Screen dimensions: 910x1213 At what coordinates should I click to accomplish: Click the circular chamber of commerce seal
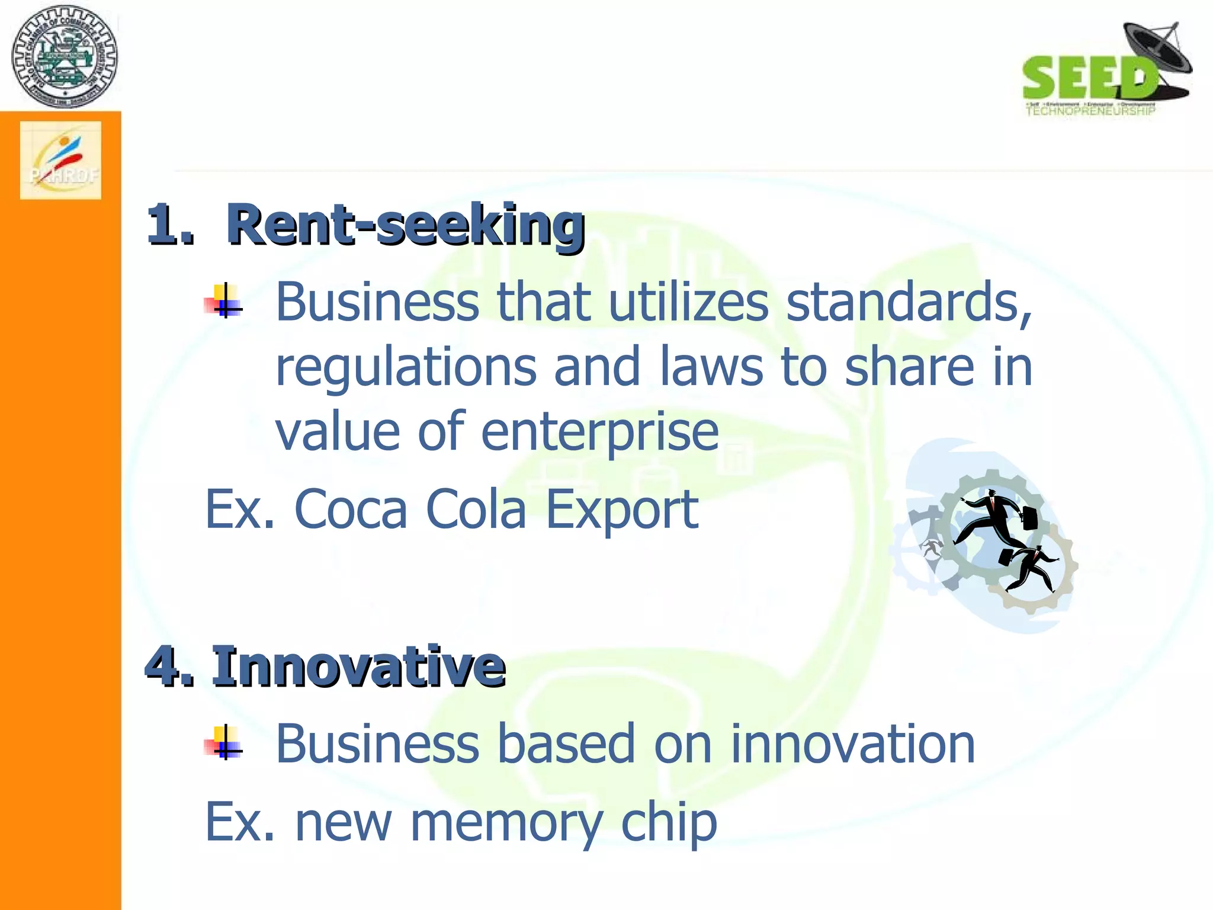tap(64, 57)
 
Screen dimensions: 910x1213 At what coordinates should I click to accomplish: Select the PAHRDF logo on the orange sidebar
tap(61, 161)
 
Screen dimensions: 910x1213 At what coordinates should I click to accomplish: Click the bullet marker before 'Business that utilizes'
tap(224, 302)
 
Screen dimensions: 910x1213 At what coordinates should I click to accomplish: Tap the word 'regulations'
tap(406, 367)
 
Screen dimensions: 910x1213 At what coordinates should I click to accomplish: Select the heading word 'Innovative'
tap(358, 667)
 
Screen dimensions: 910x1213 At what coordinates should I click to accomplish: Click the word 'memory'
tap(506, 824)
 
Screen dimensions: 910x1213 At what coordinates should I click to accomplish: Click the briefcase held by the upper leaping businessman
tap(1030, 518)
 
